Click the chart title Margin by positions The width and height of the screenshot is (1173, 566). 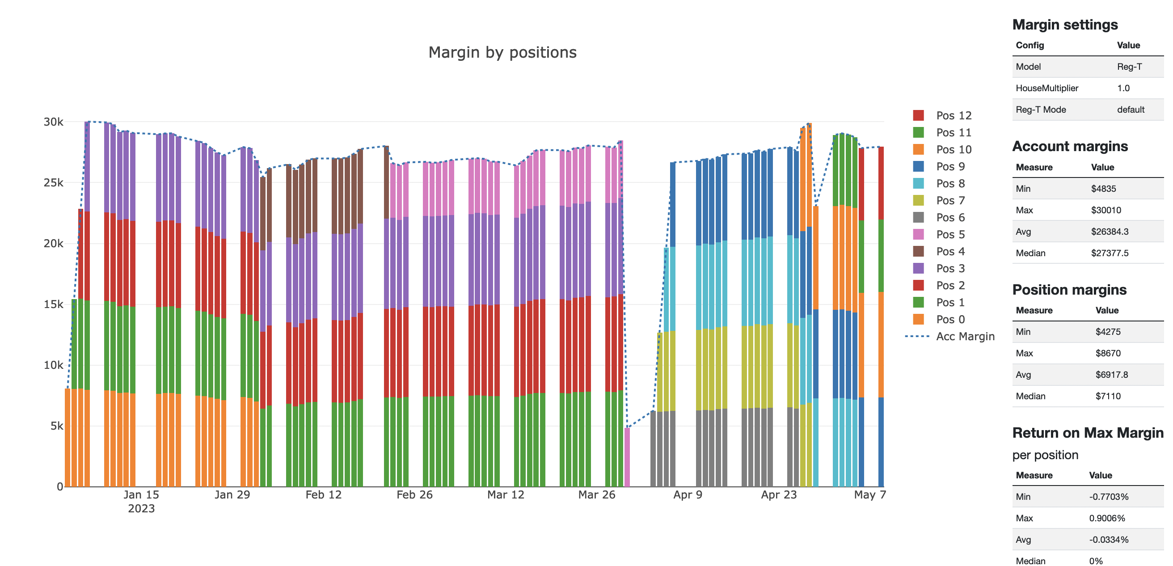[502, 53]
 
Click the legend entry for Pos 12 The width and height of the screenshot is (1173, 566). [953, 116]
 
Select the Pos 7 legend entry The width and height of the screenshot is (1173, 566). [950, 200]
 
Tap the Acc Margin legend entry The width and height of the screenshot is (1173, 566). [964, 337]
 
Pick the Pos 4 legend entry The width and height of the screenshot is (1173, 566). [950, 251]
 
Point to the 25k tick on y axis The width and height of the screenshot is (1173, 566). [53, 183]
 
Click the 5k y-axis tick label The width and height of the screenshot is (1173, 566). [56, 426]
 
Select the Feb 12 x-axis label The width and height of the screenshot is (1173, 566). [323, 495]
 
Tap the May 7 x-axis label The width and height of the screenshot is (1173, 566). [869, 495]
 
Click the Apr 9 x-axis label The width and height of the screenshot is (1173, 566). [688, 495]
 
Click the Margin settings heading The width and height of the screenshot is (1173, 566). [1065, 25]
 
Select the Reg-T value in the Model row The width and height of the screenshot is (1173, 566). [1129, 67]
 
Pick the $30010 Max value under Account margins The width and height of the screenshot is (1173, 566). [1105, 211]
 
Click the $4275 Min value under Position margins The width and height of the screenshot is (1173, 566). [1107, 332]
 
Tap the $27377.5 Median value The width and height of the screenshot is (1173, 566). [1109, 253]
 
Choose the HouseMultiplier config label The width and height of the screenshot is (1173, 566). [1046, 89]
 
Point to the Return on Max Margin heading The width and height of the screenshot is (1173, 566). [1087, 433]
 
